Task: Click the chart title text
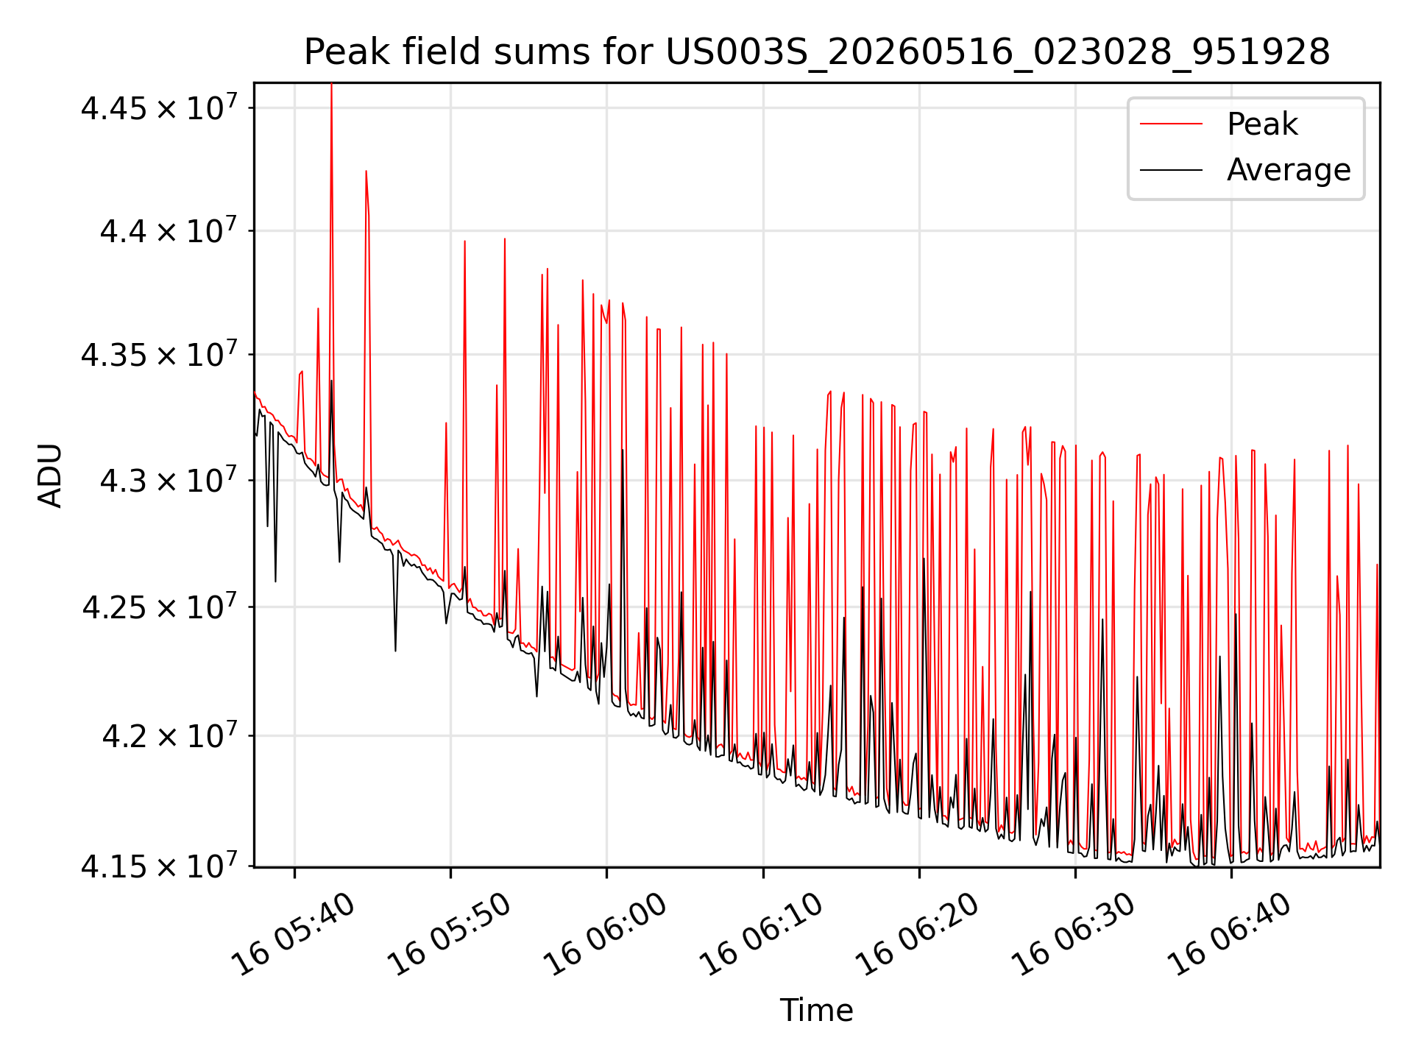click(x=817, y=52)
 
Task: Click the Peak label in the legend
click(x=1262, y=124)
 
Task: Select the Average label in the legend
click(x=1289, y=170)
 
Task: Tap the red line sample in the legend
click(x=1171, y=124)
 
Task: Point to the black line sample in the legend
click(x=1171, y=170)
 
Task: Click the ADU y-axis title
click(x=50, y=476)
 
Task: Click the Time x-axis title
click(x=817, y=1010)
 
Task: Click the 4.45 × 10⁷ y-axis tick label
click(x=160, y=107)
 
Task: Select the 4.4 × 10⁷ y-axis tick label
click(x=169, y=230)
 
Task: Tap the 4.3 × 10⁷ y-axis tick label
click(x=169, y=480)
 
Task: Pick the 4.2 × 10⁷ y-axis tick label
click(x=169, y=735)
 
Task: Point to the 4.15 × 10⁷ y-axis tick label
click(x=160, y=866)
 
